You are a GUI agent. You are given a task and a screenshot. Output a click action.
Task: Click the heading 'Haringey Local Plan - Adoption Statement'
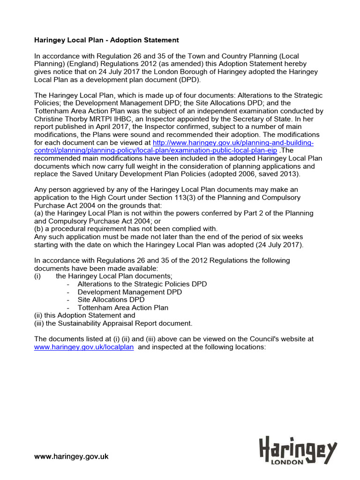pyautogui.click(x=107, y=40)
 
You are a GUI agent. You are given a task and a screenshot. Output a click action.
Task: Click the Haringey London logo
pyautogui.click(x=298, y=450)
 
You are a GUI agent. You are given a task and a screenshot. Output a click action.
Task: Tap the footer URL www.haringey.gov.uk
pyautogui.click(x=71, y=456)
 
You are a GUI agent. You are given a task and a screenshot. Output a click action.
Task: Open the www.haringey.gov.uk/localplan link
pyautogui.click(x=84, y=347)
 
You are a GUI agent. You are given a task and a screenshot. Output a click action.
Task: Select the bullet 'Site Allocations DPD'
pyautogui.click(x=111, y=300)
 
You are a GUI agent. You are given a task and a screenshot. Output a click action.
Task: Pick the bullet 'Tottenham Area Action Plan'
pyautogui.click(x=123, y=307)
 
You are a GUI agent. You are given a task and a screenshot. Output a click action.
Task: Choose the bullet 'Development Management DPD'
pyautogui.click(x=129, y=292)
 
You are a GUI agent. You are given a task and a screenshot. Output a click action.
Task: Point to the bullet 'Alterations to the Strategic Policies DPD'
pyautogui.click(x=142, y=284)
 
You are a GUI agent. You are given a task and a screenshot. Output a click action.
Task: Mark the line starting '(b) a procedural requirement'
pyautogui.click(x=126, y=229)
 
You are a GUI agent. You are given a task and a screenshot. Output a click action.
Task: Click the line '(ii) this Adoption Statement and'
pyautogui.click(x=85, y=315)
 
